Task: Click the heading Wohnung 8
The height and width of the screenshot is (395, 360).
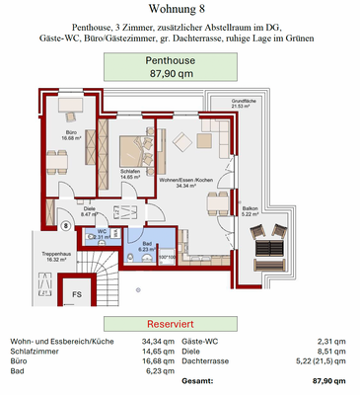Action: click(x=179, y=10)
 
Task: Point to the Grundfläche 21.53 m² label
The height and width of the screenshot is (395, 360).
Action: click(x=244, y=104)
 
